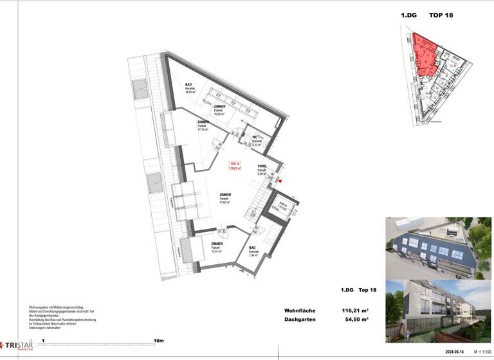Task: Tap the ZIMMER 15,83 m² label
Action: [x=220, y=110]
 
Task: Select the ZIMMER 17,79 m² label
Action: [x=204, y=125]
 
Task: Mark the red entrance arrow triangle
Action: [x=280, y=181]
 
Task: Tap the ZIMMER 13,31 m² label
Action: [x=217, y=248]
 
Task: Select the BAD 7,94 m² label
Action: [x=253, y=251]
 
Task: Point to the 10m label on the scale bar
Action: [x=158, y=341]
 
